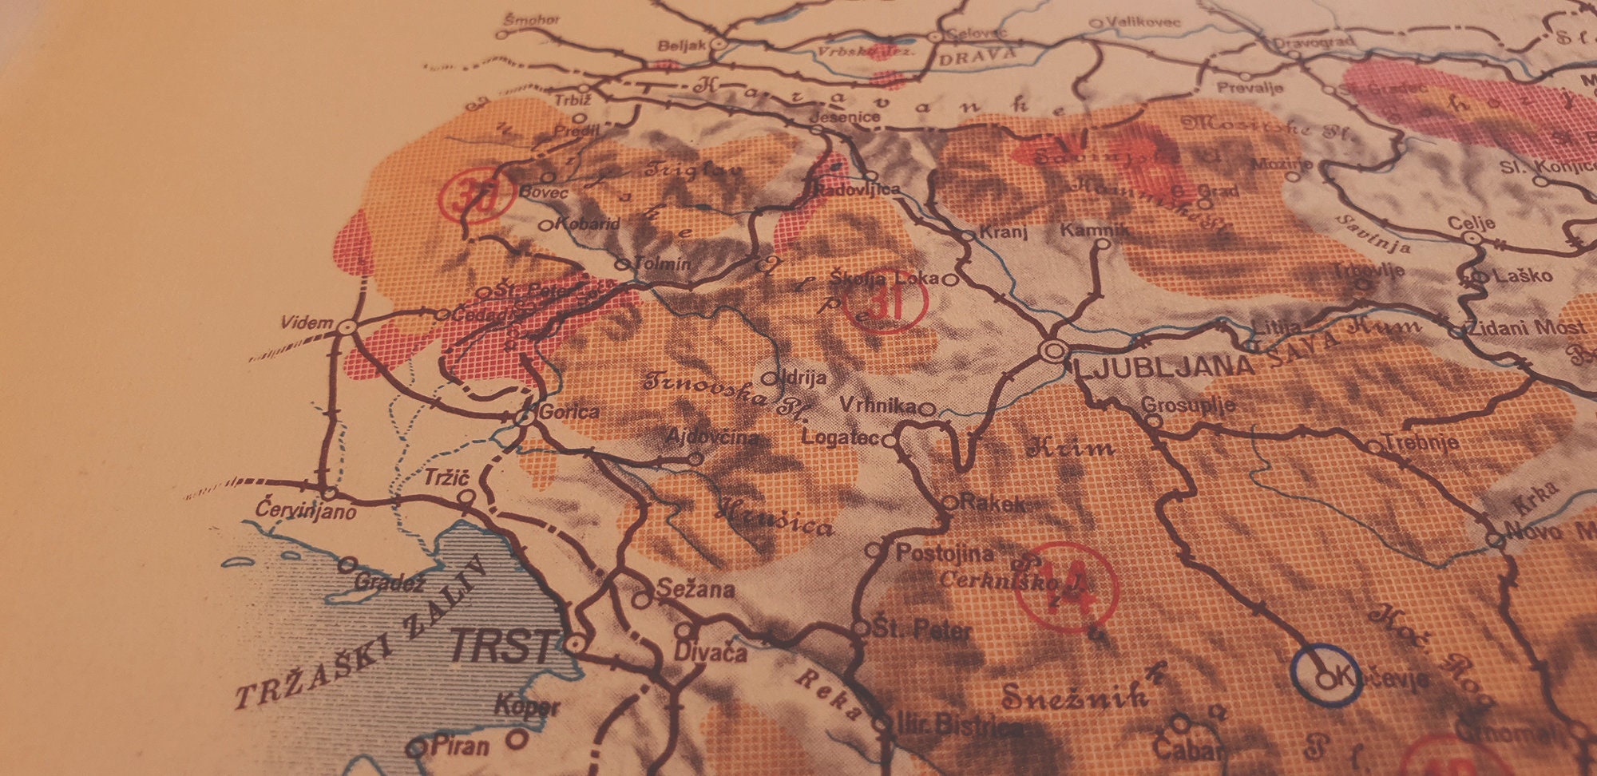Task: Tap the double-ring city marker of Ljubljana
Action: [1054, 350]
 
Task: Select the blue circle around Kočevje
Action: [1326, 678]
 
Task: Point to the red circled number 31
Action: [884, 300]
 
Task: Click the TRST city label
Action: [502, 645]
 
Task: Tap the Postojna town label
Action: [945, 552]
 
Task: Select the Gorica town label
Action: [569, 412]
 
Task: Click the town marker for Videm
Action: [347, 327]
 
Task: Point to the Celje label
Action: [1471, 222]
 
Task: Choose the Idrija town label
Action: [804, 377]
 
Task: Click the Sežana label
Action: [695, 589]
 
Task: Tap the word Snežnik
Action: [1074, 696]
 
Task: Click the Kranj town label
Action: [1003, 232]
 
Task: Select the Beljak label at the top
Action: [681, 46]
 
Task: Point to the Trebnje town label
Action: [1421, 441]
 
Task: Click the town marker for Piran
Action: [417, 748]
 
